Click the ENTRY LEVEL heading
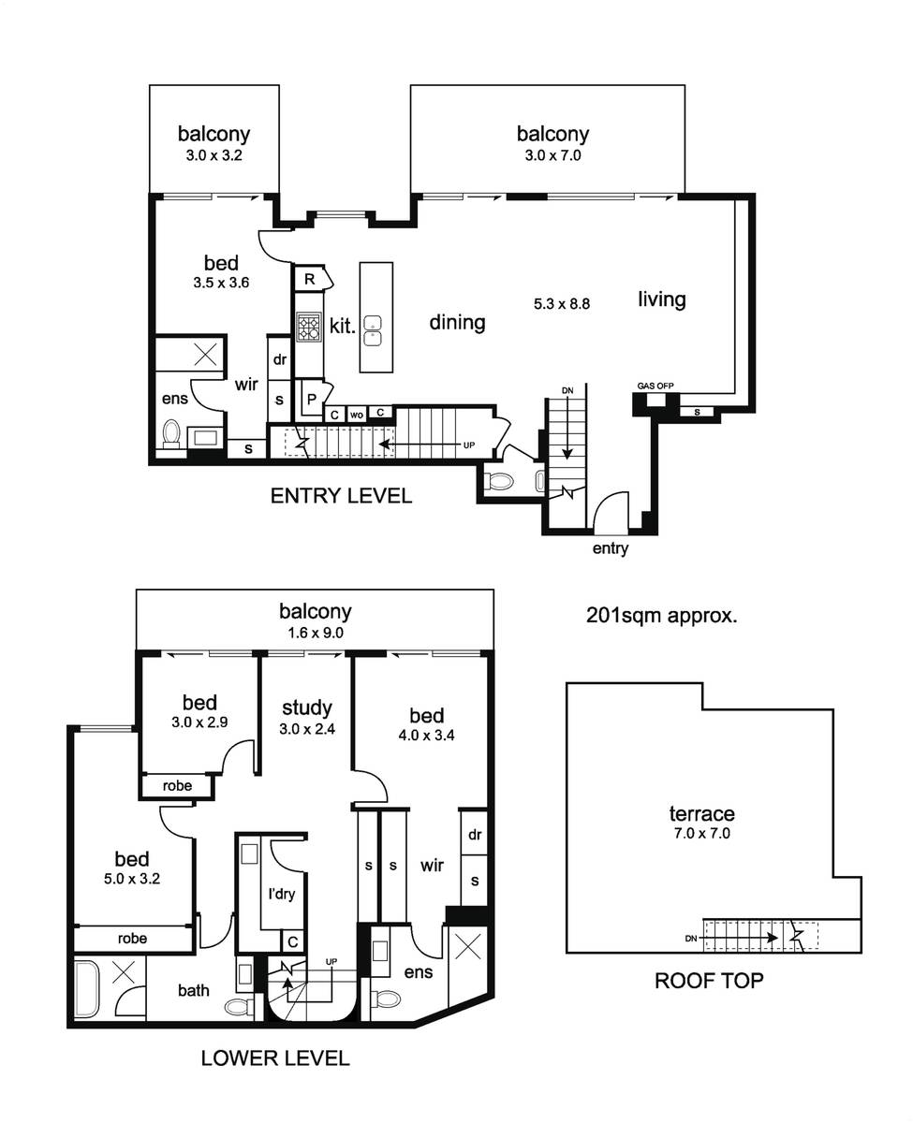[341, 496]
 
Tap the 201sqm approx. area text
[661, 616]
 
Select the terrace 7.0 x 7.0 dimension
[701, 834]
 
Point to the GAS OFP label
[655, 386]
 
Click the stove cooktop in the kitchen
[309, 327]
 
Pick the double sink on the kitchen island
[374, 331]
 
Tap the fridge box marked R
[311, 279]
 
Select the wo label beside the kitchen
[357, 415]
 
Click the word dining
[457, 323]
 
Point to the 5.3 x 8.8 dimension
[562, 304]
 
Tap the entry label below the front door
[611, 548]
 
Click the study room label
[306, 708]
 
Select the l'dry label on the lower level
[282, 894]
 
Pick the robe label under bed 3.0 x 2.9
[177, 786]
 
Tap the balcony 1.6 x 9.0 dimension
[316, 634]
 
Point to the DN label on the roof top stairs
[691, 939]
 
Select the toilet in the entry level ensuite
[170, 434]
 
